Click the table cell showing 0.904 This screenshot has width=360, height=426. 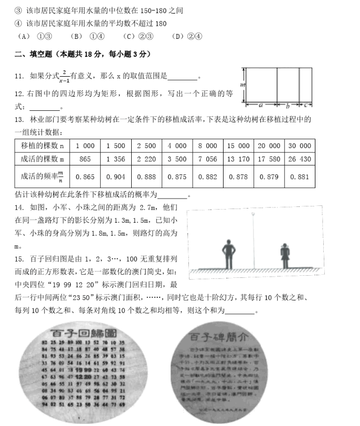click(115, 177)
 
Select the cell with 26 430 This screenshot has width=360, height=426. click(300, 159)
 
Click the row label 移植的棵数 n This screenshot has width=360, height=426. click(41, 146)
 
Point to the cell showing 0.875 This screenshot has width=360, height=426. click(177, 177)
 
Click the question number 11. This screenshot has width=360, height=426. click(19, 76)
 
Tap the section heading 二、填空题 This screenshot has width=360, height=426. click(36, 54)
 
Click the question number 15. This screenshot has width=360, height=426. click(19, 259)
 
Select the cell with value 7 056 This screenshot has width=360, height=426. click(207, 159)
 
